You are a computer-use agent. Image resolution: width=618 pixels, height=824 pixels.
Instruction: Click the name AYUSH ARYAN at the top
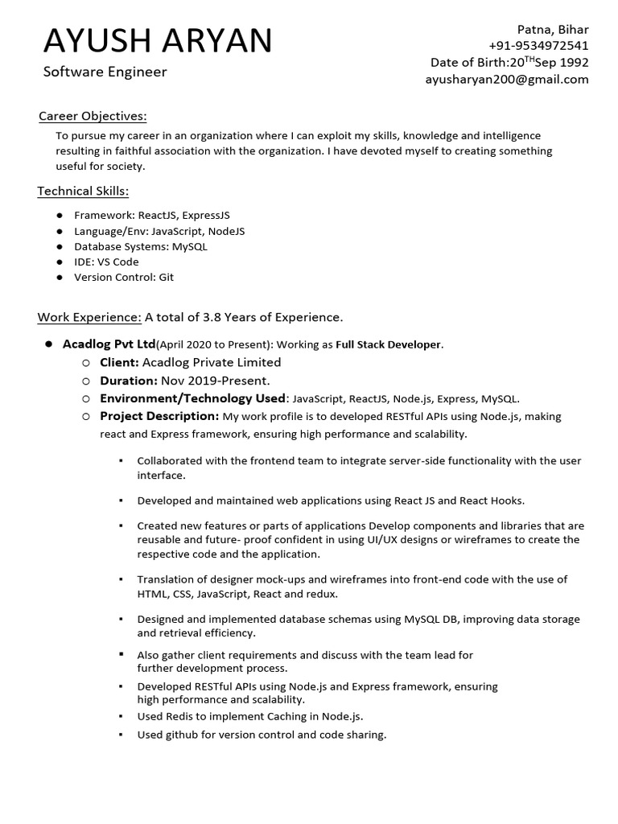158,41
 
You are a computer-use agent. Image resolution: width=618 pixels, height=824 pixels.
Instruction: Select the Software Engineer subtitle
105,72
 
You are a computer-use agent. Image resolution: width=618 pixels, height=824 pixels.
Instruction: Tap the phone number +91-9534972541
538,45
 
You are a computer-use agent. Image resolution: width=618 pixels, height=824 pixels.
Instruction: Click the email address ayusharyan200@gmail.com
507,79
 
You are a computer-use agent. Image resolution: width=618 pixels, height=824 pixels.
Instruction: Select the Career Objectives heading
93,117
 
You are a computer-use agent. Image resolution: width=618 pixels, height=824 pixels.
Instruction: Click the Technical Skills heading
83,191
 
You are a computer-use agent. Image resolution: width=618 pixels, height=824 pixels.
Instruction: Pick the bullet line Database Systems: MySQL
140,246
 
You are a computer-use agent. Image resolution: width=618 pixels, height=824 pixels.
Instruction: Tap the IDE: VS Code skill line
106,262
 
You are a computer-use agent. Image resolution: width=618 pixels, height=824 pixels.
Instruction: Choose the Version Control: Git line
123,277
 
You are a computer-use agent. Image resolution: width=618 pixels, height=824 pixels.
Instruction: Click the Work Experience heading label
89,317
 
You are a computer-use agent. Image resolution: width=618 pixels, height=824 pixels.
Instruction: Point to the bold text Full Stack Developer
388,344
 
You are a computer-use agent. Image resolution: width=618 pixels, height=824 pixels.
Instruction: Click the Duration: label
128,381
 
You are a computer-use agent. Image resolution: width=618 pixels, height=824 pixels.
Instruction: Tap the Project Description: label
159,416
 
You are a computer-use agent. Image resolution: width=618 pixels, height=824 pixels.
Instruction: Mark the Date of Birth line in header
509,62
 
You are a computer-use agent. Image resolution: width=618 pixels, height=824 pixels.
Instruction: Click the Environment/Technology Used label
192,398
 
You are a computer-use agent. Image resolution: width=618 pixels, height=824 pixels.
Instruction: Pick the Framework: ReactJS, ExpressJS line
151,216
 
